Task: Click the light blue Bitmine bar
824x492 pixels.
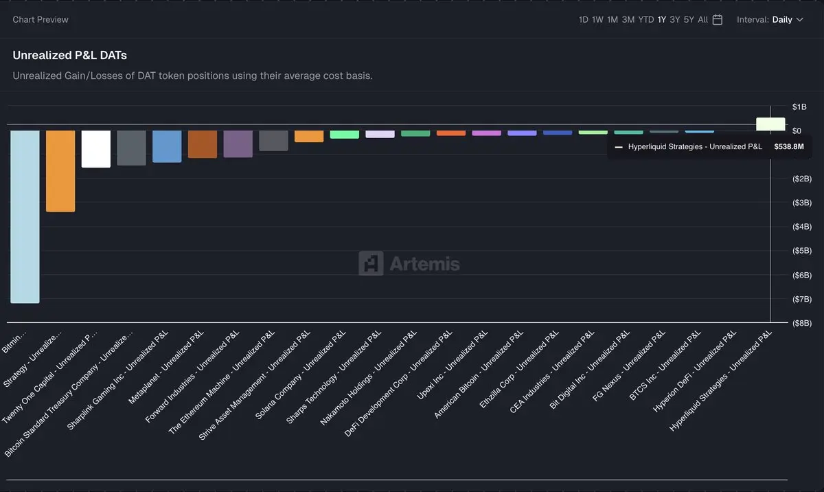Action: point(25,216)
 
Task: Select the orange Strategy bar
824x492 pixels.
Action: point(60,171)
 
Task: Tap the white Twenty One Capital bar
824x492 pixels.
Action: point(96,148)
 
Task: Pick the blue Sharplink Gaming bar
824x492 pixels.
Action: point(167,146)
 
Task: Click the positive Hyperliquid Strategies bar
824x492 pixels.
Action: point(770,124)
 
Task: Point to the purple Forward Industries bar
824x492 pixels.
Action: point(238,144)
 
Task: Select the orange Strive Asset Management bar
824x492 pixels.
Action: point(309,136)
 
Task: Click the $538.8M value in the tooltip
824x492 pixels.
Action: point(789,146)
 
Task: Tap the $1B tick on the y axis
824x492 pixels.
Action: point(799,107)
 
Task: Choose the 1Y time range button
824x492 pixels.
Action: point(662,20)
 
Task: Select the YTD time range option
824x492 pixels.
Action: point(646,20)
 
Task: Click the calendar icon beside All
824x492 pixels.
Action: point(718,20)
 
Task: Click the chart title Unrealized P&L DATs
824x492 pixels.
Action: point(69,55)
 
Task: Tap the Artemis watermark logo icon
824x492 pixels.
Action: point(371,263)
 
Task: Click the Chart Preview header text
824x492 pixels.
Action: point(41,20)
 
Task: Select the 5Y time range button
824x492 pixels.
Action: point(689,20)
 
